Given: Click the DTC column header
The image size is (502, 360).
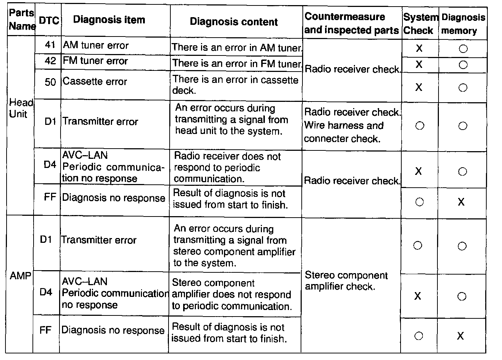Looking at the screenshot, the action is click(x=49, y=21).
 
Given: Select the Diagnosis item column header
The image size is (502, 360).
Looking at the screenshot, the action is click(x=109, y=20).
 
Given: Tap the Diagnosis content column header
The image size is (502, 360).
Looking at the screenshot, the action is click(x=234, y=22).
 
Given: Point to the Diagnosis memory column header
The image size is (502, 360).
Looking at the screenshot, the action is click(x=463, y=24).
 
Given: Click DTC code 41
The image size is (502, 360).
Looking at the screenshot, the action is click(x=50, y=45).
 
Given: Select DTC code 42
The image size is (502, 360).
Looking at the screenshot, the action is click(x=50, y=61).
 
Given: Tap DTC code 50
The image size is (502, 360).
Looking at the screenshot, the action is click(x=50, y=82).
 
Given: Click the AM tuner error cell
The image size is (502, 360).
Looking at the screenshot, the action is click(x=96, y=45).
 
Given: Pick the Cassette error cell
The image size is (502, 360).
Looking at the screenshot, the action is click(x=94, y=81).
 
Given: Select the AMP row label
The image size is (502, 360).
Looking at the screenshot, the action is click(x=20, y=276).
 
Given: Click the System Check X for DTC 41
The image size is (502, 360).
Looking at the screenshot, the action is click(x=419, y=48).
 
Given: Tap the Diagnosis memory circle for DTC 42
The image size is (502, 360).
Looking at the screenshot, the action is click(x=463, y=65).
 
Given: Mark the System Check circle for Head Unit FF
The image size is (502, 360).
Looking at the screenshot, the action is click(x=420, y=202).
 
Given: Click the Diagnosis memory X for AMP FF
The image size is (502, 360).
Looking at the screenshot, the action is click(x=460, y=336).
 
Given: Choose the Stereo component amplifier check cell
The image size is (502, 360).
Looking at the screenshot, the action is click(x=346, y=281).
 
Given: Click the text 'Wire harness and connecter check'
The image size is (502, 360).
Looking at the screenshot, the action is click(x=343, y=132).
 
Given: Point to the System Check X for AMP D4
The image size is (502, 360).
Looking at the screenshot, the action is click(x=418, y=296).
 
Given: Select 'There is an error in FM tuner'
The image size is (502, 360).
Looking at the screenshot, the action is click(x=237, y=64).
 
